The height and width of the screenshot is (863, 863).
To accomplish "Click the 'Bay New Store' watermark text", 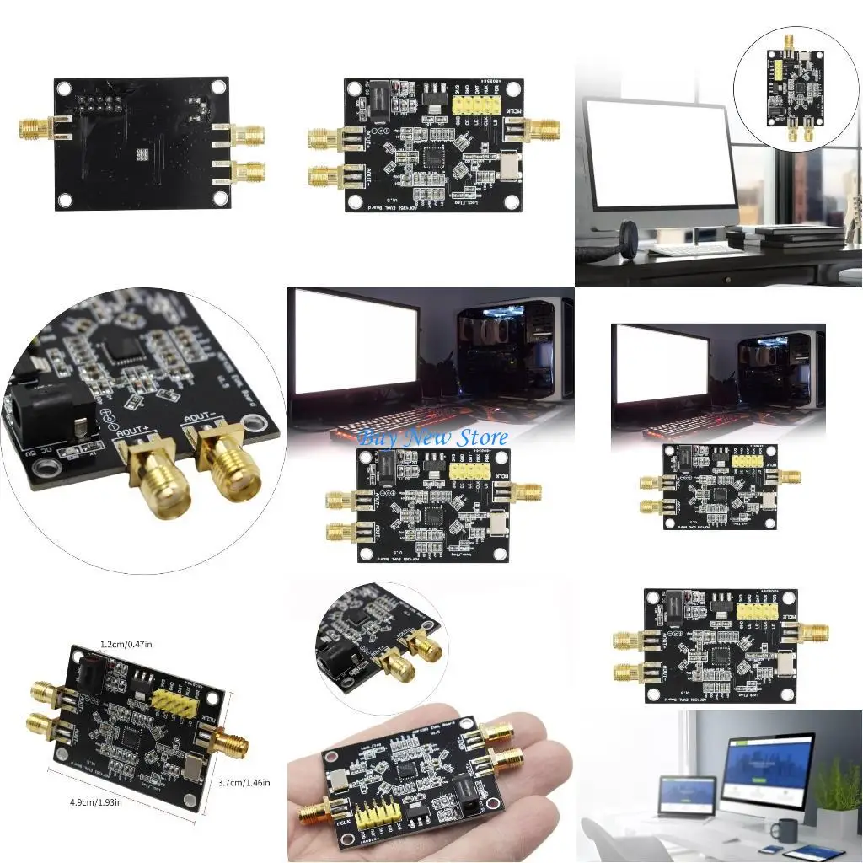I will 433,437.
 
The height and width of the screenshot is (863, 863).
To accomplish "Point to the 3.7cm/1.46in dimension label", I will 243,783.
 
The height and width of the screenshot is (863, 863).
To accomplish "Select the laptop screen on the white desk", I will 687,793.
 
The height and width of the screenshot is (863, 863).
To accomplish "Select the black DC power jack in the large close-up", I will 38,413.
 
